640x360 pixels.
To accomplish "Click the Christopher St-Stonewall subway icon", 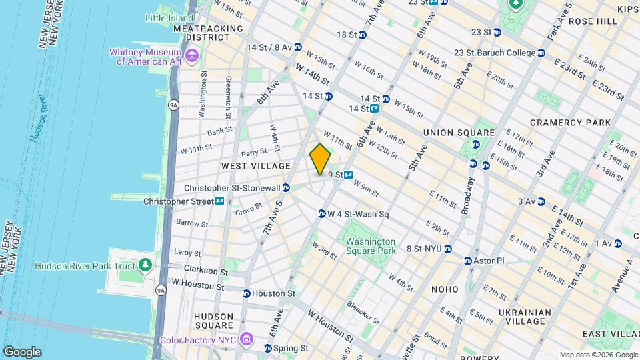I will (x=286, y=189).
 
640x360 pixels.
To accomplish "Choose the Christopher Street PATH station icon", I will (x=219, y=201).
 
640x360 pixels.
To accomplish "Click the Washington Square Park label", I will (x=371, y=246).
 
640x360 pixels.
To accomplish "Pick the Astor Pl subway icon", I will (x=468, y=260).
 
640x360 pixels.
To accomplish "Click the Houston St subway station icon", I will (x=247, y=293).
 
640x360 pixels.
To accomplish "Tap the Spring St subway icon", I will (x=268, y=348).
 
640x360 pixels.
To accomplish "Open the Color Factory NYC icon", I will (x=247, y=340).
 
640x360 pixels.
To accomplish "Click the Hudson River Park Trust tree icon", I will (x=145, y=266).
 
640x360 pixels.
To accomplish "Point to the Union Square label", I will (x=459, y=133).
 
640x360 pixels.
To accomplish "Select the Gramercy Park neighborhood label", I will (x=570, y=123).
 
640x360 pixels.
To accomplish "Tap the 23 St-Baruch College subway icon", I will (x=541, y=53).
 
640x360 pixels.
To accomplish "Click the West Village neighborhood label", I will (x=256, y=166).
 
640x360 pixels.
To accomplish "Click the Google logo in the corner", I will (x=22, y=352).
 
